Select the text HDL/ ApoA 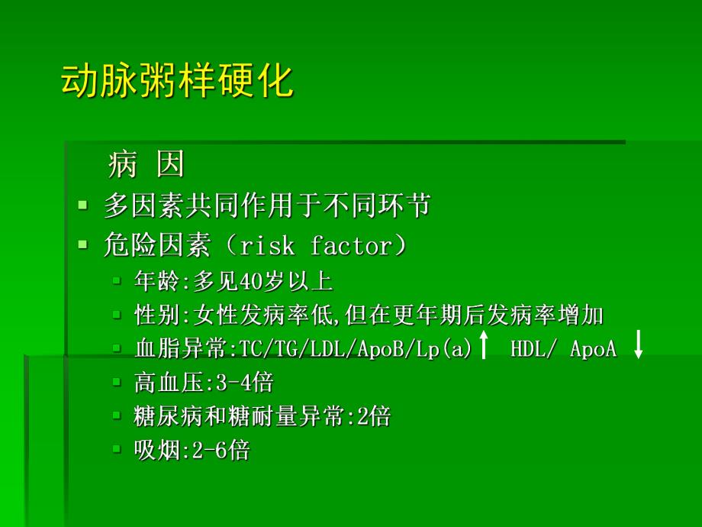click(563, 350)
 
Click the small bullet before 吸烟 click(117, 449)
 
